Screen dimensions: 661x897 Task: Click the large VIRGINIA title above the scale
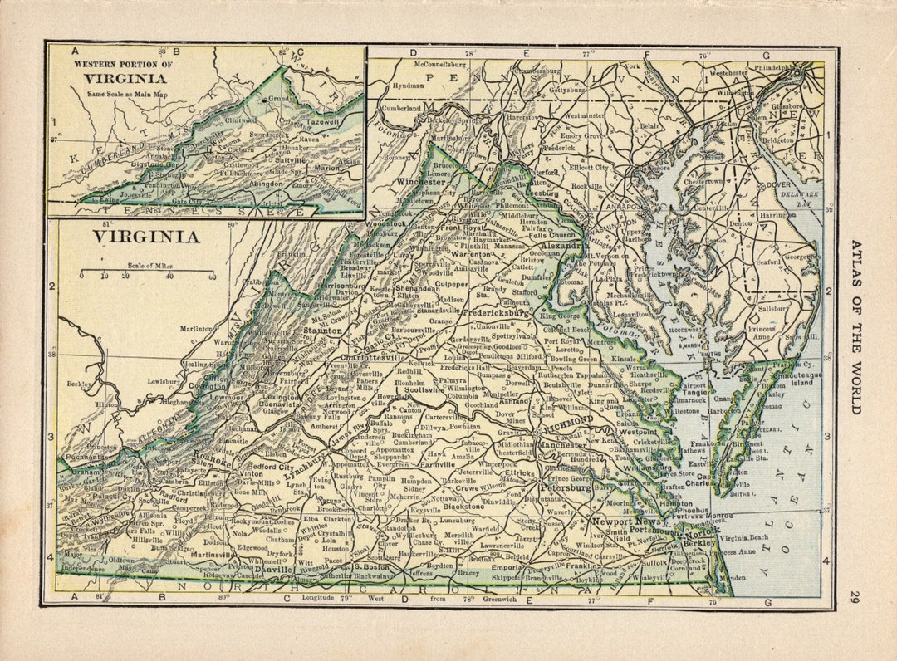145,237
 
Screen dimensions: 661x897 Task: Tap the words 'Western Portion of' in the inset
123,64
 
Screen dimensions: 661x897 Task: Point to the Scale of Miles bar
147,272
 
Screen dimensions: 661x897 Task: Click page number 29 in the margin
855,596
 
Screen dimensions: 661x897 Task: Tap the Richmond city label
569,421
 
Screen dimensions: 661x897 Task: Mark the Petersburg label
566,488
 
